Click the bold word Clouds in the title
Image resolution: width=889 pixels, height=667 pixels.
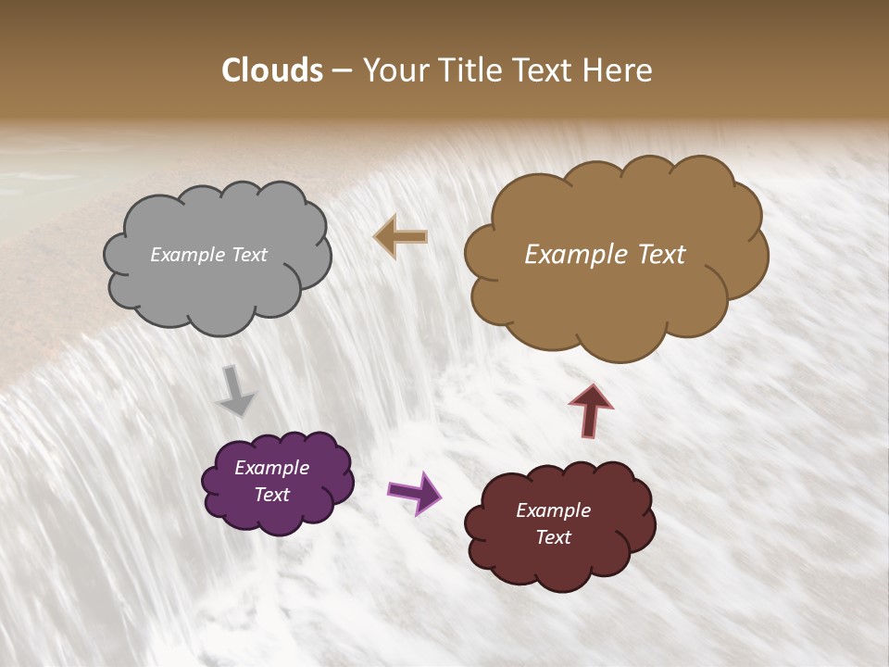click(x=272, y=70)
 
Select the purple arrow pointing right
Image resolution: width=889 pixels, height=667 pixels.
click(x=414, y=492)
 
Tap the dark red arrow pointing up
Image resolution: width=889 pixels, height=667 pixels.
click(x=591, y=410)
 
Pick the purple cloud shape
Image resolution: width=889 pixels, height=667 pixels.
click(x=277, y=482)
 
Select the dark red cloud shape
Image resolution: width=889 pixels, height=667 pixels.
click(x=559, y=524)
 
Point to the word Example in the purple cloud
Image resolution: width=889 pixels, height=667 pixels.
click(x=271, y=468)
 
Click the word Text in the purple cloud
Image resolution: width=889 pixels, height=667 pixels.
click(x=271, y=495)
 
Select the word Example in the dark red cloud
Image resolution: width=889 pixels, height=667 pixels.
click(x=553, y=510)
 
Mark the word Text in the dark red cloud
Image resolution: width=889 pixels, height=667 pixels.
click(x=553, y=537)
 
